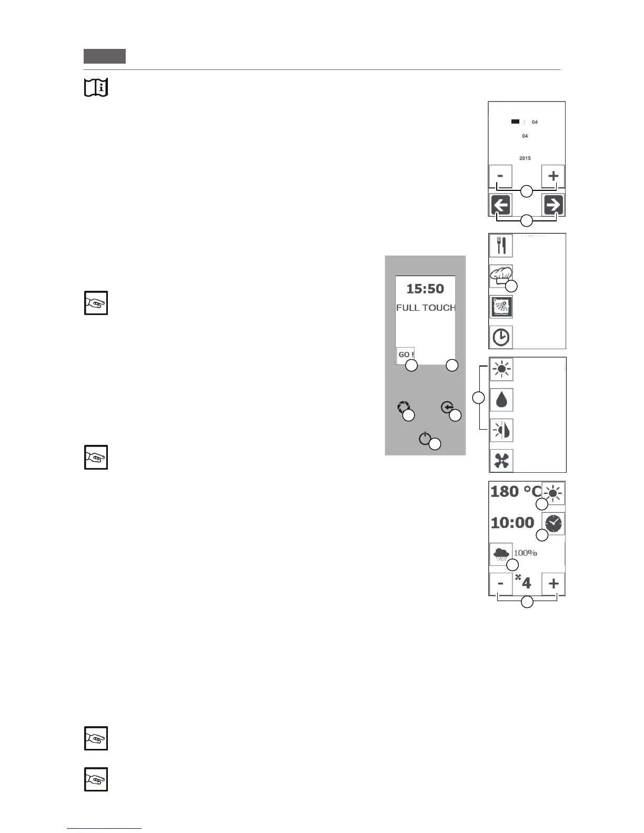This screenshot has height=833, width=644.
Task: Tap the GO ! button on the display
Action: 406,354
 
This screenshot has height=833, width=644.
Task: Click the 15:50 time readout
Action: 425,289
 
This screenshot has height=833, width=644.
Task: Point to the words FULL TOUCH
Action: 426,308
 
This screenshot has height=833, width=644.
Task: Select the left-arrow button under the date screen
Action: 501,205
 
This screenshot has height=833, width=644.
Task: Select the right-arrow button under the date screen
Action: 553,205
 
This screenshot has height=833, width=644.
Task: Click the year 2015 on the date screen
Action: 525,158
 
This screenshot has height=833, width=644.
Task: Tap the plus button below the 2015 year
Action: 553,176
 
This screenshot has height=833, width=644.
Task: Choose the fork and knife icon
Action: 501,246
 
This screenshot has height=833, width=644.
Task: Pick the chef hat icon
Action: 500,275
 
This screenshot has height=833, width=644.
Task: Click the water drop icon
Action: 501,400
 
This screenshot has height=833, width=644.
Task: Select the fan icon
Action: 501,461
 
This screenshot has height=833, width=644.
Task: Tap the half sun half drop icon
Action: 501,430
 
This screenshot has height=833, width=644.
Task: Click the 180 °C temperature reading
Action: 516,492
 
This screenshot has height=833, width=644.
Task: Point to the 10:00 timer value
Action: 512,523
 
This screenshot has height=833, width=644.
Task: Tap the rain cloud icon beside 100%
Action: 501,554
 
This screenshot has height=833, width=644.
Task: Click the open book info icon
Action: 96,87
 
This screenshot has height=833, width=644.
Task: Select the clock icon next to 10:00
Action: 553,523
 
